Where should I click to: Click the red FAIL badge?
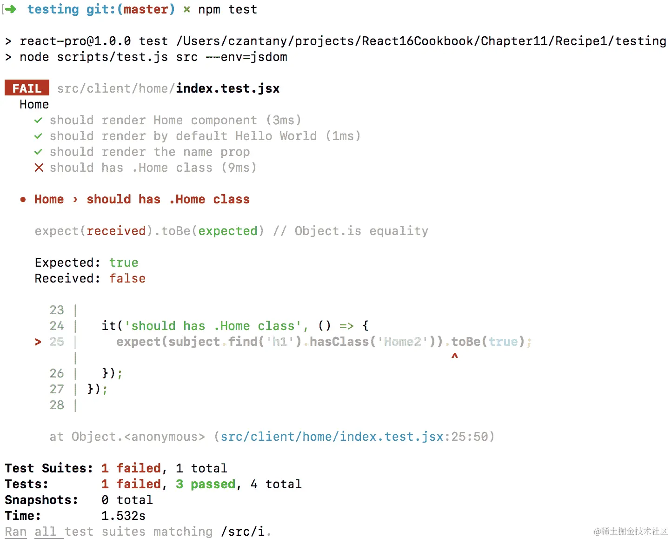pyautogui.click(x=27, y=88)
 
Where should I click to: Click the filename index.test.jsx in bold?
pyautogui.click(x=227, y=88)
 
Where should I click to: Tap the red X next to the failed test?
pyautogui.click(x=39, y=168)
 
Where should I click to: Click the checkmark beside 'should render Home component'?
pyautogui.click(x=38, y=120)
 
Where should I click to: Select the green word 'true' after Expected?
pyautogui.click(x=124, y=263)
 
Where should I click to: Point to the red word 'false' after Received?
pyautogui.click(x=127, y=278)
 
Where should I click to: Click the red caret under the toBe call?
pyautogui.click(x=454, y=356)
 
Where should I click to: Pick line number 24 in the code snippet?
pyautogui.click(x=57, y=326)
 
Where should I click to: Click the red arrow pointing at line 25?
pyautogui.click(x=38, y=342)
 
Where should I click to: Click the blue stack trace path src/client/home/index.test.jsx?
pyautogui.click(x=332, y=437)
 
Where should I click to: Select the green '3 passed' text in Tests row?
pyautogui.click(x=206, y=484)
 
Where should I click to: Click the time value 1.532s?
pyautogui.click(x=123, y=516)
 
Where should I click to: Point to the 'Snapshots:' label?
pyautogui.click(x=41, y=500)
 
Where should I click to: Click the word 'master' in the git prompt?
pyautogui.click(x=146, y=9)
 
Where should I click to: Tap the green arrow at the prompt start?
pyautogui.click(x=10, y=9)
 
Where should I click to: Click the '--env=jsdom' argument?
pyautogui.click(x=246, y=57)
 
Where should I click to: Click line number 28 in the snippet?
pyautogui.click(x=57, y=405)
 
